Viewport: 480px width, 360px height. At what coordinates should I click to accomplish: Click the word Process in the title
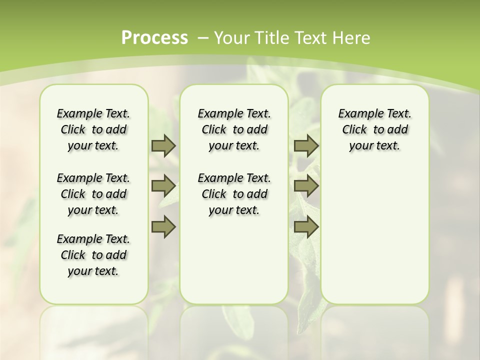point(154,37)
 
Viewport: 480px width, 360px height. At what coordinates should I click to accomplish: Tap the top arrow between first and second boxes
point(163,145)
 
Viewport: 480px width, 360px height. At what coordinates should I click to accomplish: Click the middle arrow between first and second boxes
point(163,186)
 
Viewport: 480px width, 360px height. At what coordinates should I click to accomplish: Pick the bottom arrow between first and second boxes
point(163,226)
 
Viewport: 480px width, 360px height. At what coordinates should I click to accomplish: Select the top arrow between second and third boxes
point(306,145)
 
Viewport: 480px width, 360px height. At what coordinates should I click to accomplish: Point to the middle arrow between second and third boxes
point(306,186)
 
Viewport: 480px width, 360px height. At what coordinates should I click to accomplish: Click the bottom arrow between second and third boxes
point(306,226)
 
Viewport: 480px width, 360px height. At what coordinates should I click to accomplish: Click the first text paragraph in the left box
point(93,129)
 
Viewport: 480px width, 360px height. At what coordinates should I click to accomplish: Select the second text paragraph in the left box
point(93,194)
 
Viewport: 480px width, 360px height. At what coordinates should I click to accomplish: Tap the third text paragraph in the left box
point(93,255)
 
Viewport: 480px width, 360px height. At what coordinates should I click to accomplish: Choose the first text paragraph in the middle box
point(234,129)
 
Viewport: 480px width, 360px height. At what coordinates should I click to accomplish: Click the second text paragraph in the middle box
point(234,194)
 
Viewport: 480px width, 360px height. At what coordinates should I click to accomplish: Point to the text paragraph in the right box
point(375,129)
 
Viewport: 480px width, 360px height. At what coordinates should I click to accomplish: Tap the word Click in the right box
point(354,129)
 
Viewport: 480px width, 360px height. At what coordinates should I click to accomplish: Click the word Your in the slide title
point(230,37)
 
